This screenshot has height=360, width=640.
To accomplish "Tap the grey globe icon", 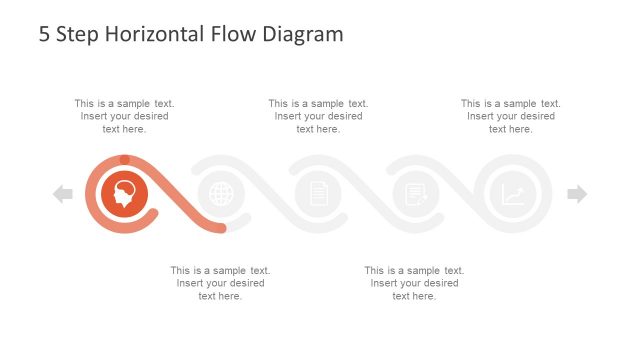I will point(221,194).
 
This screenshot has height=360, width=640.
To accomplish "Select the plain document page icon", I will point(319,194).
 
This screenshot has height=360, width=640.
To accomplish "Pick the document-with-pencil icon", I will point(416,194).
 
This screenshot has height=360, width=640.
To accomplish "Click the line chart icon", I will point(513,194).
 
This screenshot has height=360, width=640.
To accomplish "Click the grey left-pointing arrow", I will point(63,194).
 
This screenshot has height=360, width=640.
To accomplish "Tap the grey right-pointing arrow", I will point(577,194).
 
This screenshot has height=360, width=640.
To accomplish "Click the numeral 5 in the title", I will point(44,34).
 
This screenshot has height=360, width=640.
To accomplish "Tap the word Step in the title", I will point(76,34).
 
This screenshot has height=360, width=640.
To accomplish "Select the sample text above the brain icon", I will point(124,116).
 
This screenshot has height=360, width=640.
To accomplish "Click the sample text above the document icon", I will point(318,116).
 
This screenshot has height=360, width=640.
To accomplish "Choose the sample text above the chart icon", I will point(511,116).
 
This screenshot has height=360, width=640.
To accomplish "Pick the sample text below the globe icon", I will point(220,283).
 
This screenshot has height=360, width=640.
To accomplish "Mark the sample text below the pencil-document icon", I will point(414,283).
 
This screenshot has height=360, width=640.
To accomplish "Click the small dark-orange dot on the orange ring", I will point(124,159).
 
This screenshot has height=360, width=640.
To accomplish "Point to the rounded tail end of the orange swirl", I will point(221,229).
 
